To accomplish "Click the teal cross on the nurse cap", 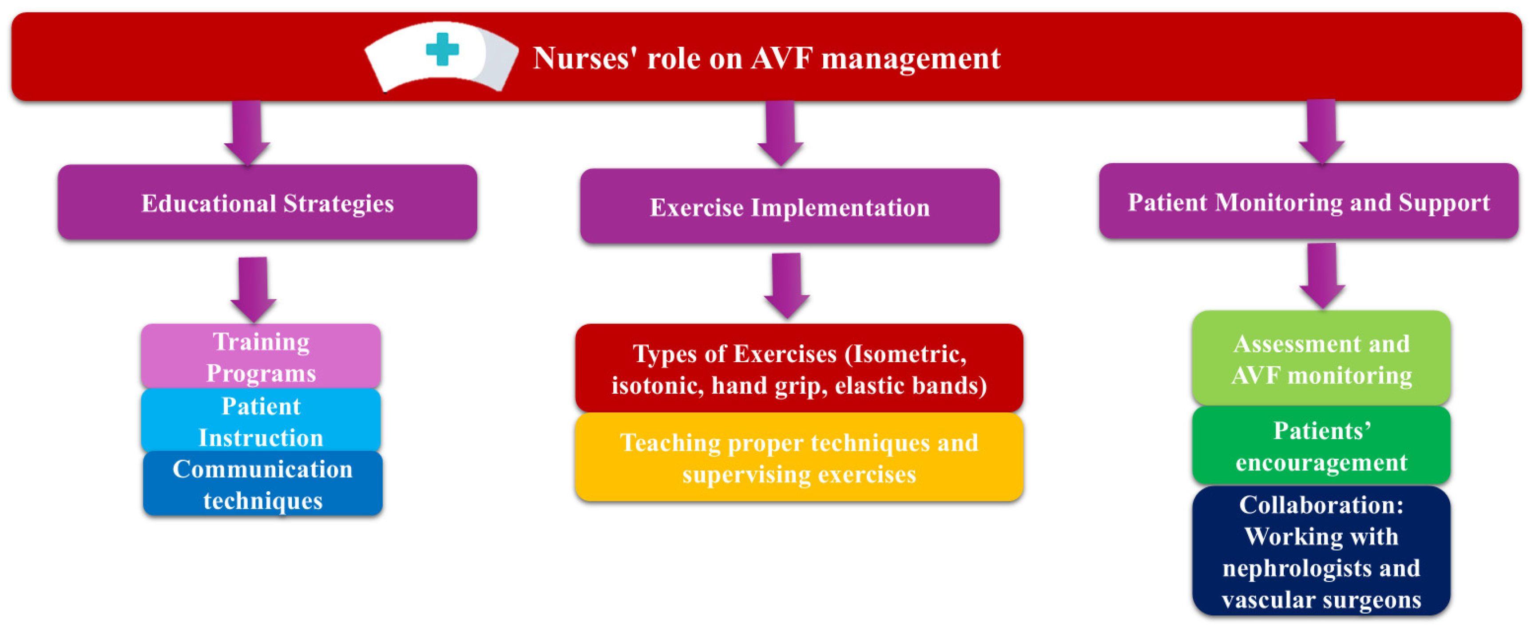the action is pyautogui.click(x=442, y=49).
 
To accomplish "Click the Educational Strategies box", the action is pyautogui.click(x=267, y=203).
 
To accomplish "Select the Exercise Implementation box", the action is pyautogui.click(x=789, y=207).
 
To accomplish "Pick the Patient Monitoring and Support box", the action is pyautogui.click(x=1308, y=202).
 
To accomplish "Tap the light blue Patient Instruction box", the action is pyautogui.click(x=261, y=421).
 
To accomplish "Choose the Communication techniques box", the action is pyautogui.click(x=263, y=484).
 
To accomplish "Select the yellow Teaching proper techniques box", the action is pyautogui.click(x=799, y=458).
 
